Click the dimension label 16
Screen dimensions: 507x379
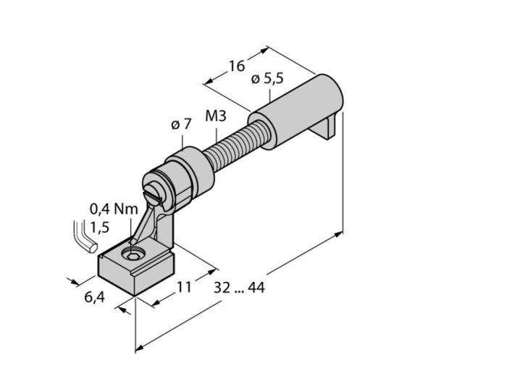(x=237, y=66)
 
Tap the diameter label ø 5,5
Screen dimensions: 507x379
(x=267, y=78)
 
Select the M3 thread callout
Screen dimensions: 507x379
(x=216, y=116)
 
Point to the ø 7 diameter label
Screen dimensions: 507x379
(x=181, y=125)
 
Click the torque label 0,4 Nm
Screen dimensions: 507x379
(x=114, y=209)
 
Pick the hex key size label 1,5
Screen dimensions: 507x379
(x=100, y=228)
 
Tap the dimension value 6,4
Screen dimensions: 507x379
(x=95, y=297)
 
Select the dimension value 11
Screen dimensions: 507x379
(x=184, y=287)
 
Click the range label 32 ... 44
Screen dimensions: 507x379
(x=239, y=288)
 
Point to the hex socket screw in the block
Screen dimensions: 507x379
(x=131, y=256)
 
